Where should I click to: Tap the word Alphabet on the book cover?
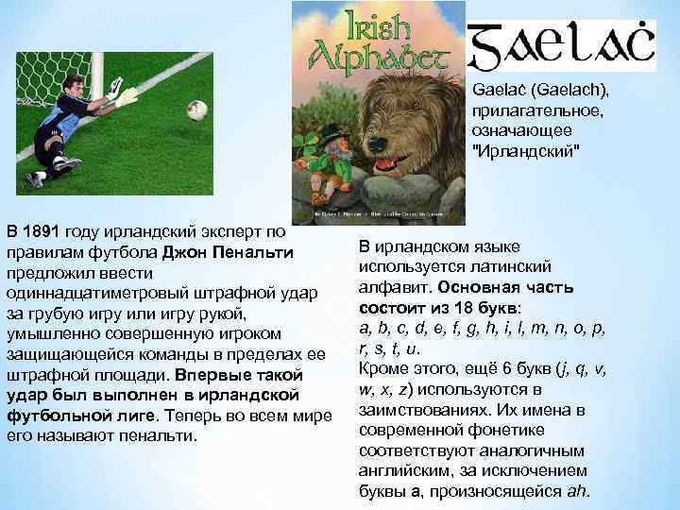[x=378, y=55]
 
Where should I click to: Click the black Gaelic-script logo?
[x=563, y=46]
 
